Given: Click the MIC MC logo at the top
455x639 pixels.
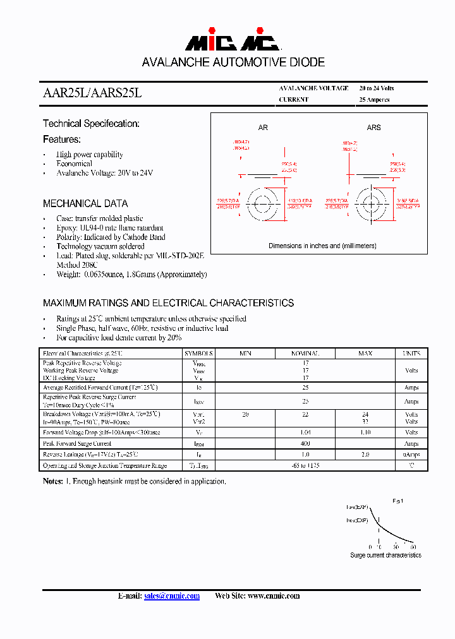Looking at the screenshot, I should coord(232,42).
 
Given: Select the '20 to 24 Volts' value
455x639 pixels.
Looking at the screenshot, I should coord(376,88).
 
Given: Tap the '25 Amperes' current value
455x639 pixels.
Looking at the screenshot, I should coord(374,100).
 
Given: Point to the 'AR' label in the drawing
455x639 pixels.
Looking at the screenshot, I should coord(263,128).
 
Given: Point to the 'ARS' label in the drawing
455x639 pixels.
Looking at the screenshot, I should coord(374,128).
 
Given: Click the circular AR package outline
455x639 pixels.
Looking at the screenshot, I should coord(262,203).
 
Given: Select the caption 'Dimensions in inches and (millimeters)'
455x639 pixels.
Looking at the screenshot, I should coord(322,246).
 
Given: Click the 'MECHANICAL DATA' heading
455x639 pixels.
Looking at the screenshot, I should coord(85,204).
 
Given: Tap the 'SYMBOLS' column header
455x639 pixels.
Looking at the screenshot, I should coord(198,354).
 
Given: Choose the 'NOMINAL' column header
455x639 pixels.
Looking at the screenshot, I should coord(305,354).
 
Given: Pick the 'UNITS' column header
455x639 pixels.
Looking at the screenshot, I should coord(411,354).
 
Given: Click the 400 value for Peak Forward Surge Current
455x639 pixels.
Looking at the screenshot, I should coord(305,444).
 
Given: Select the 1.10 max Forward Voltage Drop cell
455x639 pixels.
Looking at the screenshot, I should coord(365,433).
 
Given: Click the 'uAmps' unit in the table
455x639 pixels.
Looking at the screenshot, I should coord(411,455).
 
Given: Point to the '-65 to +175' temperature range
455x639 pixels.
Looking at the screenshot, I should coord(305,466).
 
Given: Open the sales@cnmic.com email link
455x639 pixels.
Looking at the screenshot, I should coord(171,596).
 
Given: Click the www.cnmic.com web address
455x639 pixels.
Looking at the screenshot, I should coord(274,596).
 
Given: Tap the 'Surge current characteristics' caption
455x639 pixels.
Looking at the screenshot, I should coord(385,555).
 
